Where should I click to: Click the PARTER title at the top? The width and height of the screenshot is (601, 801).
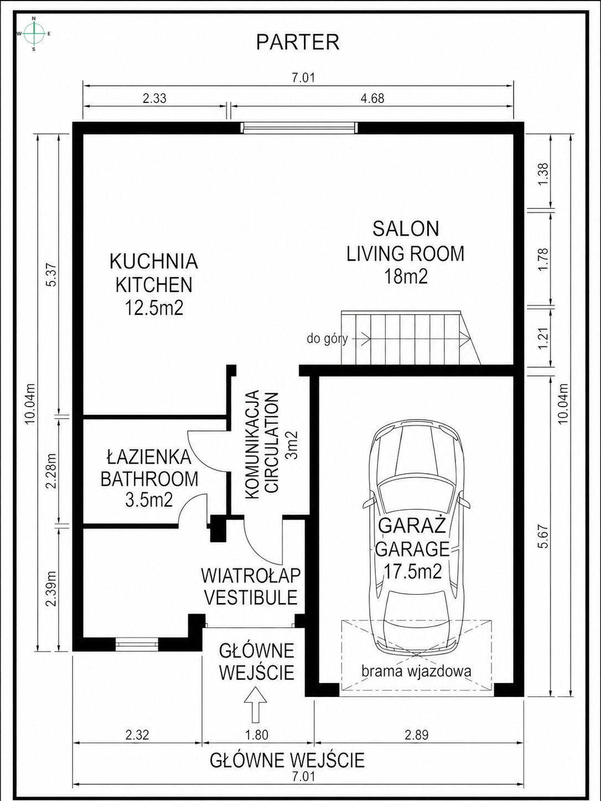point(297,42)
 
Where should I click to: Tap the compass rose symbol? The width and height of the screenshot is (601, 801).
point(34,34)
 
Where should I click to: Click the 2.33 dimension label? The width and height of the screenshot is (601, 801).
point(154,99)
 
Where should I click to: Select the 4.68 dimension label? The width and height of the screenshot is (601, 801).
point(372,99)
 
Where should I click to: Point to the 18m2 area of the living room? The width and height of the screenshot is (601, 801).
point(406,277)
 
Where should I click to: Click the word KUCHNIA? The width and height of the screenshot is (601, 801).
point(153,261)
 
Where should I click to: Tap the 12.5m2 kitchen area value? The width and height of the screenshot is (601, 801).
point(153,308)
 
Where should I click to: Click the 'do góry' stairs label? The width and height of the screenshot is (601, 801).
point(327,339)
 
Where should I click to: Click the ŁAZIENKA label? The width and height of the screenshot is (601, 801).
point(149,457)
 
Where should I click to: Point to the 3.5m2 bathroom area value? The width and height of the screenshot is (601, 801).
point(149,500)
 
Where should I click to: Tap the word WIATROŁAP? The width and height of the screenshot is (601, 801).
point(251,575)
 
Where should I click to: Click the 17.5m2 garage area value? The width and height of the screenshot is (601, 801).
point(413,571)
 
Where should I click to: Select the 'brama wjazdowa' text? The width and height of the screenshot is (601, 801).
point(416,672)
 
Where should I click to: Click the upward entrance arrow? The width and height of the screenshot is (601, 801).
point(256,704)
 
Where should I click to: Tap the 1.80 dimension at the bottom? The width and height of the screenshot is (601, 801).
point(256,735)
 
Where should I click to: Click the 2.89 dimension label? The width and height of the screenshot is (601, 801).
point(416,735)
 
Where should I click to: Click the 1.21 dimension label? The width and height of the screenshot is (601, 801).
point(543,338)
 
